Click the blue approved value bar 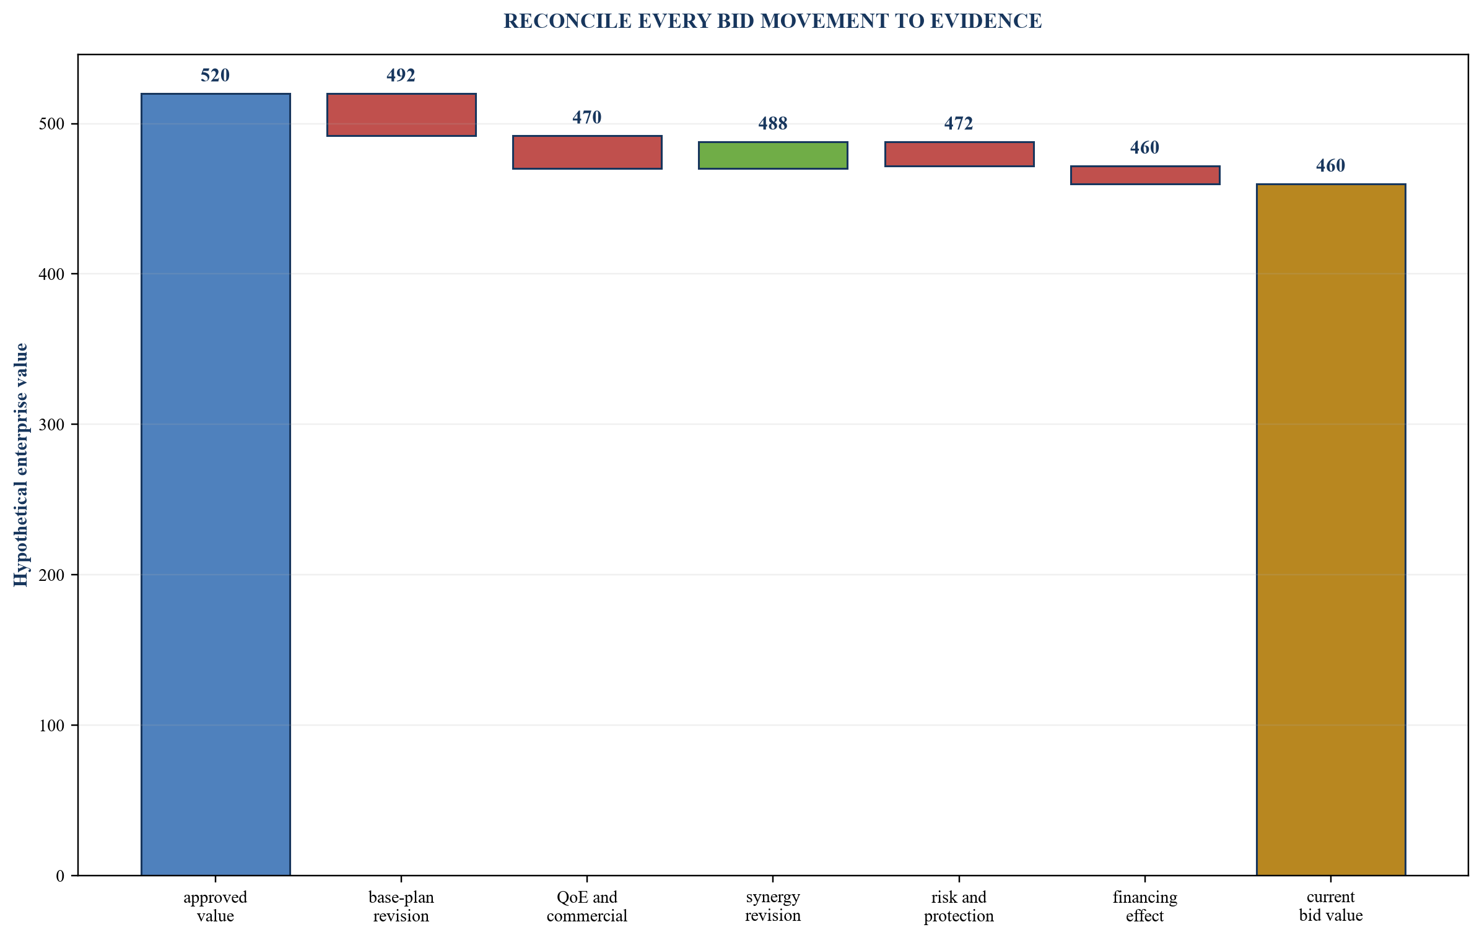click(216, 484)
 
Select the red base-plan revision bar click(401, 115)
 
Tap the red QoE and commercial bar click(587, 152)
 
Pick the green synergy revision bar click(773, 155)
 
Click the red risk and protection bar click(959, 154)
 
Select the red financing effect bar click(1145, 175)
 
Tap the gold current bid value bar click(1331, 529)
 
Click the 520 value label click(216, 76)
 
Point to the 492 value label click(401, 76)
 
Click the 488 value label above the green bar click(773, 124)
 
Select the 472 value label click(959, 124)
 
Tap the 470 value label click(587, 118)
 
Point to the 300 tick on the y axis click(51, 425)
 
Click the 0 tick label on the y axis click(60, 876)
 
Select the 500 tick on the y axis click(51, 124)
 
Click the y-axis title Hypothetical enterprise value click(21, 464)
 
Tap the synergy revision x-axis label click(773, 907)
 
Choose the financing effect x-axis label click(1145, 907)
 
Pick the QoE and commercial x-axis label click(587, 907)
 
